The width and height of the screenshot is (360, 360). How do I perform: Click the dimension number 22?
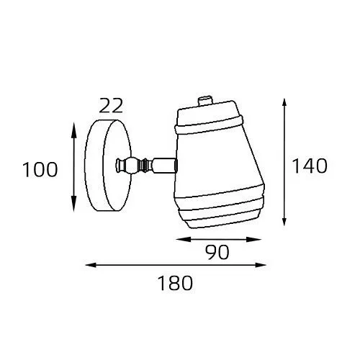111,106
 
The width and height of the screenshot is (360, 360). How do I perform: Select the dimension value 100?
40,170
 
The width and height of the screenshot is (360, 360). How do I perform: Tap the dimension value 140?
310,166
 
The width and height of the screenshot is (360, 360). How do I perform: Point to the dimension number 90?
217,252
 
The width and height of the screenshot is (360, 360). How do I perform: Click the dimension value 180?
175,283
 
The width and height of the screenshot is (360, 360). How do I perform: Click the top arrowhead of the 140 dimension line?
284,104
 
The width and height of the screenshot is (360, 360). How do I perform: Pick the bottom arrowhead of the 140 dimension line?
284,220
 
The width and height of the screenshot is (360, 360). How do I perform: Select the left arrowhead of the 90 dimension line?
183,239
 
